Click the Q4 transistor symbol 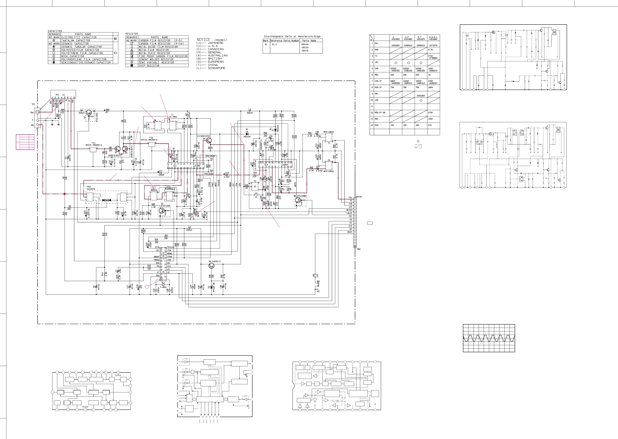tap(208, 140)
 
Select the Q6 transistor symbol tap(211, 266)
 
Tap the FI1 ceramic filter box tap(93, 150)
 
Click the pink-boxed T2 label tap(153, 188)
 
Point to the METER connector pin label tap(349, 210)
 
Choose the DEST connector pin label tap(350, 232)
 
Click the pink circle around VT tap(63, 101)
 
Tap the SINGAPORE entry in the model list tap(216, 68)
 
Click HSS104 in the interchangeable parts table tap(305, 44)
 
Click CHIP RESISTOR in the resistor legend tap(149, 66)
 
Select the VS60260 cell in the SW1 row tap(421, 96)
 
